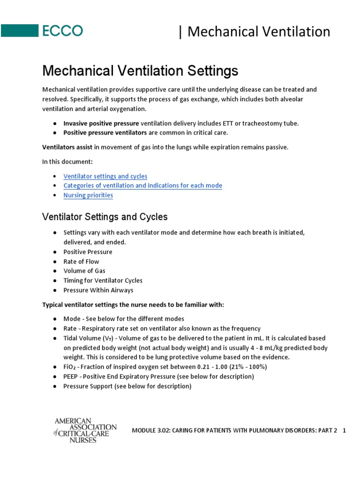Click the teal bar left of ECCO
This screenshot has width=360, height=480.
[19, 31]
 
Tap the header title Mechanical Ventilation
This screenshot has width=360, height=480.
[258, 31]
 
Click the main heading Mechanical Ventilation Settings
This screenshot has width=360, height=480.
[140, 71]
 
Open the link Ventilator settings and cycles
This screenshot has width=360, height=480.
[105, 176]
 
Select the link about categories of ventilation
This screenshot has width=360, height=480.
[142, 186]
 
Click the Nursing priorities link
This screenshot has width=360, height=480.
[88, 195]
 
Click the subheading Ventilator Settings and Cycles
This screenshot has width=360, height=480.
[105, 217]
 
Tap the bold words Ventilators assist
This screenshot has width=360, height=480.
[67, 147]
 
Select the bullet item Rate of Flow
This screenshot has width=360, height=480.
[81, 262]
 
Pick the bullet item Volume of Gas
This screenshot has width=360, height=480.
[84, 271]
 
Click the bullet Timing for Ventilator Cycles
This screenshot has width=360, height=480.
[103, 280]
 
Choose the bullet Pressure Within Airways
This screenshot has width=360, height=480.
[98, 290]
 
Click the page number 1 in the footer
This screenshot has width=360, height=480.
[344, 431]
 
